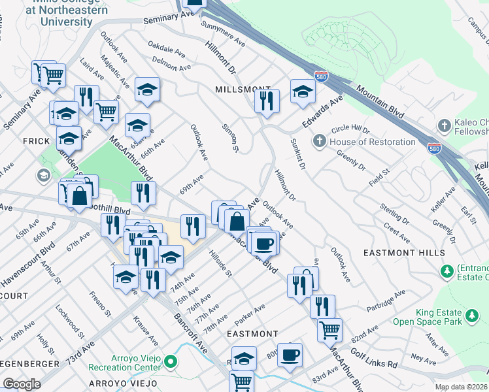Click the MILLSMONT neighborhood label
[x=243, y=89]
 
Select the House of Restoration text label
[x=372, y=142]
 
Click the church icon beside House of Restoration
[x=320, y=141]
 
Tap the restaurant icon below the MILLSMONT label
[x=267, y=101]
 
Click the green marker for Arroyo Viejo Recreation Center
[x=171, y=361]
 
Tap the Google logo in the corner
[x=22, y=384]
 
